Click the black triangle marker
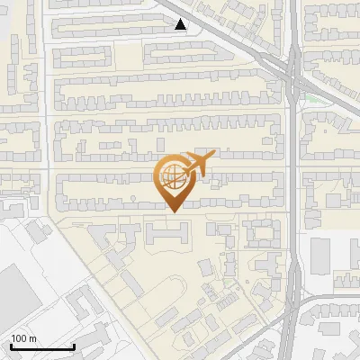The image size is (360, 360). pos(181,24)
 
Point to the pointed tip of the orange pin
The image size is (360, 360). pos(172,211)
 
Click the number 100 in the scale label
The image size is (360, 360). pos(20,338)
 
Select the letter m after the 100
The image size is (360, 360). pos(32,338)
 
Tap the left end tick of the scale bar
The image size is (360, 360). pos(11,346)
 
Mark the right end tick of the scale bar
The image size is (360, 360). pos(74,346)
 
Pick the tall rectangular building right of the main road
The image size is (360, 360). pos(321,255)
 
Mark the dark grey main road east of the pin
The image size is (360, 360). pos(292,180)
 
